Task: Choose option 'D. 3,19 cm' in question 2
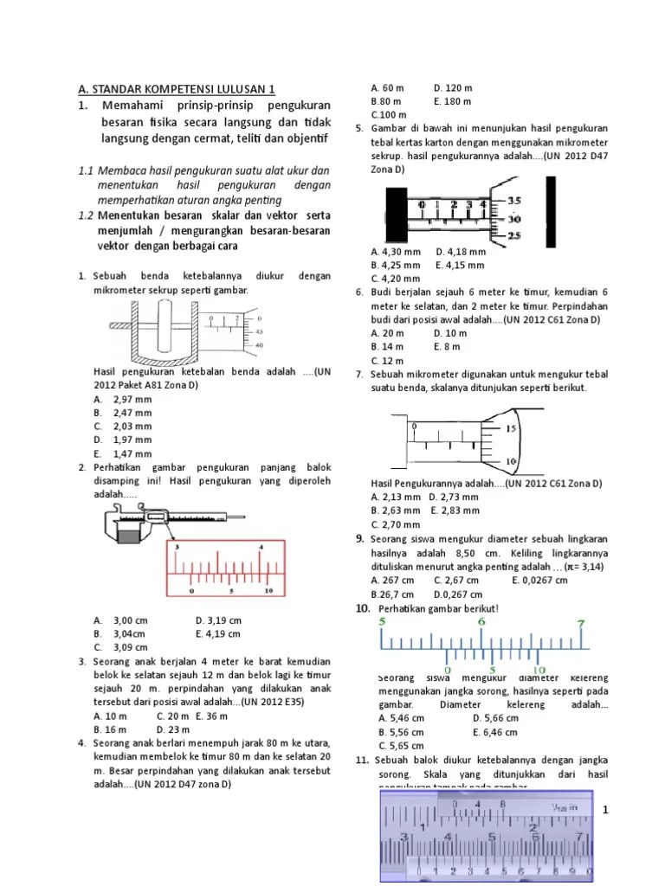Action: (218, 620)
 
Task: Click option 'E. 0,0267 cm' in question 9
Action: (539, 580)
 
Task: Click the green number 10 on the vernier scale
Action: (539, 670)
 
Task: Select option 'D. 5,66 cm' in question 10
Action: (495, 717)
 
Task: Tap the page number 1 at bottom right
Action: (605, 809)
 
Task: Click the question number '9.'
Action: (359, 538)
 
